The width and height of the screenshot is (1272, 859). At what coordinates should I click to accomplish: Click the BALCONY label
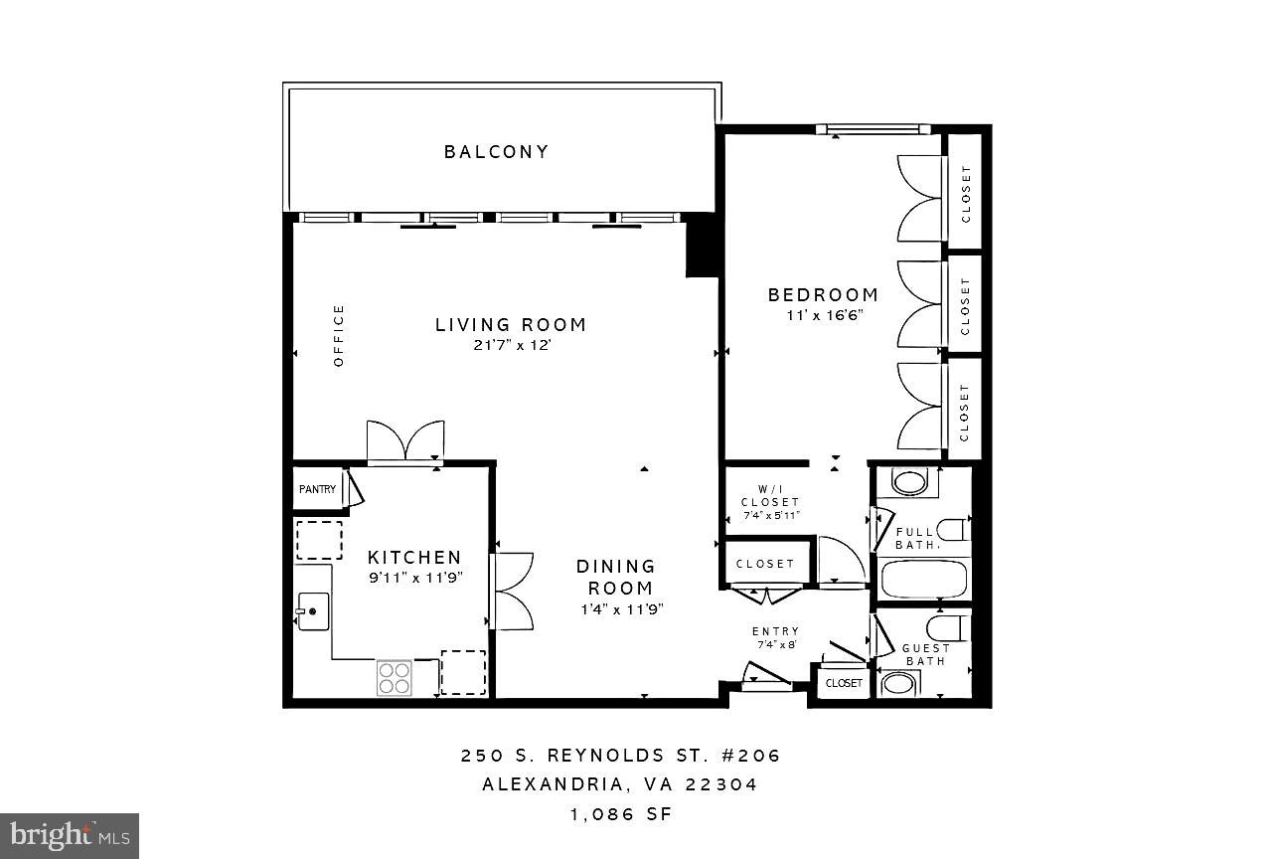pos(496,152)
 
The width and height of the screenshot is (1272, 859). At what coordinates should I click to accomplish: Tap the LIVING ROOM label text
pos(511,325)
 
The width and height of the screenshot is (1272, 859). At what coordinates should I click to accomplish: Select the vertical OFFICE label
pos(339,336)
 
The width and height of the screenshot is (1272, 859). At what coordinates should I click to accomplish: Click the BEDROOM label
pos(823,295)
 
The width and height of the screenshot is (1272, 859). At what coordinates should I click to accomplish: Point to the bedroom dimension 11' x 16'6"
pos(823,314)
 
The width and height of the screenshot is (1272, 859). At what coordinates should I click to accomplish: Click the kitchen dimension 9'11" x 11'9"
pos(414,577)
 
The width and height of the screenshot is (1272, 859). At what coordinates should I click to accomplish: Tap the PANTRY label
pos(317,489)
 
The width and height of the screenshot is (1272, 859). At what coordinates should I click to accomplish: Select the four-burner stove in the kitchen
pos(395,677)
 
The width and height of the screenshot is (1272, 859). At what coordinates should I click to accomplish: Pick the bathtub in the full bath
pos(923,579)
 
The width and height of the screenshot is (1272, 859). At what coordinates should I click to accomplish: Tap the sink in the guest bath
pos(901,684)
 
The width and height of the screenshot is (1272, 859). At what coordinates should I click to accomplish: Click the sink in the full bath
pos(908,483)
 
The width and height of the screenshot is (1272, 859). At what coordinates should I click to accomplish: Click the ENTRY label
pos(775,631)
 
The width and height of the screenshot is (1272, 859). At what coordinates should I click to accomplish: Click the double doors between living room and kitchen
pos(405,442)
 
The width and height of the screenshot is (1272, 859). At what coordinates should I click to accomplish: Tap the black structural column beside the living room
pos(702,249)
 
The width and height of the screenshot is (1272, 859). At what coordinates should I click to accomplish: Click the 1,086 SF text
pos(620,814)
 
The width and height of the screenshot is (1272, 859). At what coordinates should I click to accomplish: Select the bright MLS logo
pos(70,836)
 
